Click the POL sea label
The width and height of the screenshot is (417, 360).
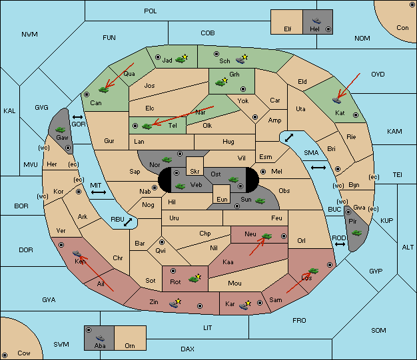pyautogui.click(x=151, y=11)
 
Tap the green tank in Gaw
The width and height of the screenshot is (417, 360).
pyautogui.click(x=60, y=130)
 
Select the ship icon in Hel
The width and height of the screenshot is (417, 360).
pyautogui.click(x=316, y=21)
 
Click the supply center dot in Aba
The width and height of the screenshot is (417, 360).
pyautogui.click(x=89, y=330)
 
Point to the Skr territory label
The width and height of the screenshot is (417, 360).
pyautogui.click(x=195, y=172)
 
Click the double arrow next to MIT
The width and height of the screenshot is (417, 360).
pyautogui.click(x=99, y=192)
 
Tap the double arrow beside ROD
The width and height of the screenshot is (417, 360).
pyautogui.click(x=340, y=244)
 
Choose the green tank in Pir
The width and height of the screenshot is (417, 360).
pyautogui.click(x=356, y=233)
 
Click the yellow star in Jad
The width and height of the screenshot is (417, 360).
pyautogui.click(x=185, y=57)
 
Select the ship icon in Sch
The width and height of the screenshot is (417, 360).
pyautogui.click(x=240, y=61)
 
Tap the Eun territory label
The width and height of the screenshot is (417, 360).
pyautogui.click(x=222, y=199)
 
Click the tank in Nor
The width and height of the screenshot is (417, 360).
pyautogui.click(x=167, y=160)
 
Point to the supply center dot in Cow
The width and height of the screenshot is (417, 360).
pyautogui.click(x=5, y=355)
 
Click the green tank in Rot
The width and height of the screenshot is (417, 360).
pyautogui.click(x=194, y=279)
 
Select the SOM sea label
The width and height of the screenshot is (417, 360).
pyautogui.click(x=378, y=330)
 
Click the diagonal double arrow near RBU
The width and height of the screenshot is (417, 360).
pyautogui.click(x=128, y=222)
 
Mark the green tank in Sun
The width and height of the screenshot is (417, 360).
pyautogui.click(x=260, y=201)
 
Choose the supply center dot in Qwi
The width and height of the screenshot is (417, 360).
pyautogui.click(x=162, y=242)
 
